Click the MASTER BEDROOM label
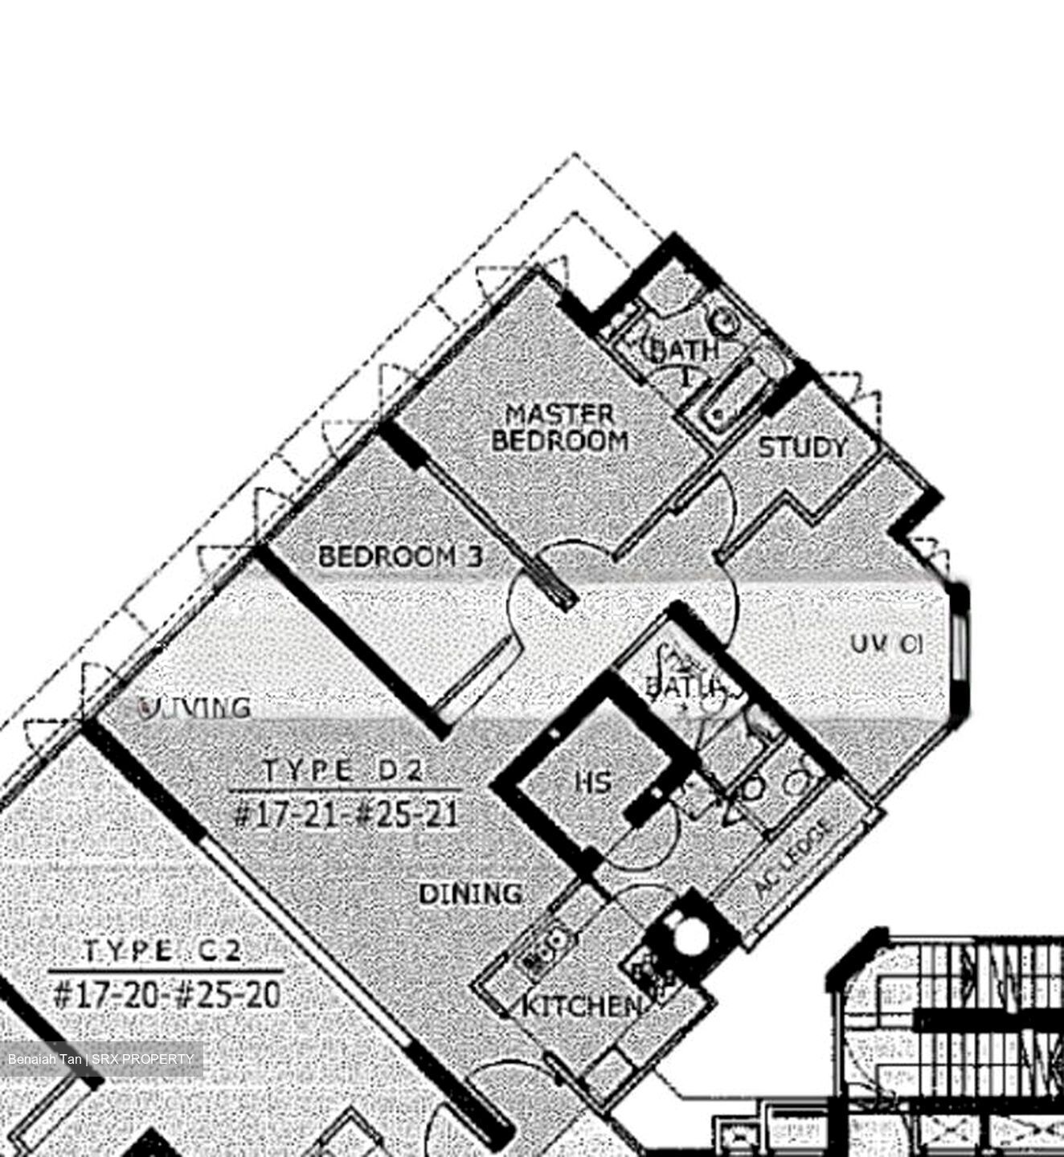coord(559,427)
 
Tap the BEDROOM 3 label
coord(400,556)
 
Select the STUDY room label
coord(802,448)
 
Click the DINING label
coord(471,893)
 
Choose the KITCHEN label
coord(581,1005)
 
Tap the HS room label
coord(593,781)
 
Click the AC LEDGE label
coord(794,861)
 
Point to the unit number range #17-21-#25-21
coord(346,815)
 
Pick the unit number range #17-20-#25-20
coord(166,996)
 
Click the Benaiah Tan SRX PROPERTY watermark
coord(100,1059)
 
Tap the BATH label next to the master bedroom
coord(683,350)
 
